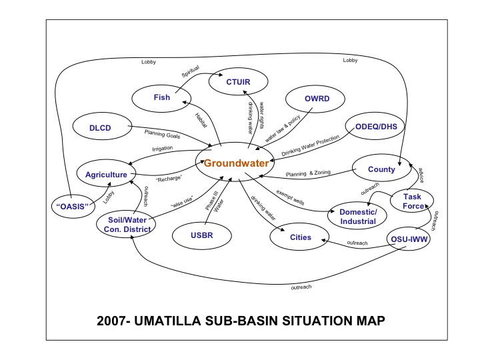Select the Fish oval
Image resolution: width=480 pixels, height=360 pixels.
pos(161,98)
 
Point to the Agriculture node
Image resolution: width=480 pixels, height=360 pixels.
pos(106,175)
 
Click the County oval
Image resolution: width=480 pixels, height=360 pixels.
pos(381,169)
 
